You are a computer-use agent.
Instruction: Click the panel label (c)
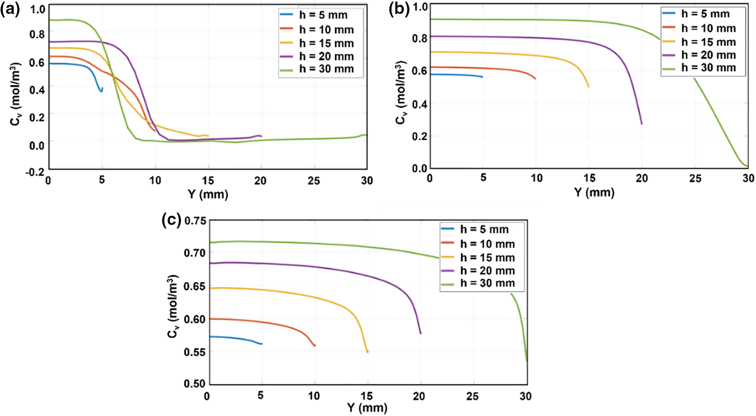(171, 219)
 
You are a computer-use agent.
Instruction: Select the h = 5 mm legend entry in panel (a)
(323, 15)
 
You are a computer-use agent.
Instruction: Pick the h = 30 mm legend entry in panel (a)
(326, 69)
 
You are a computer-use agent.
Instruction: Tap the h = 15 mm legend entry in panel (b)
(708, 42)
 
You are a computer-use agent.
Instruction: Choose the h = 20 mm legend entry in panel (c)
(487, 271)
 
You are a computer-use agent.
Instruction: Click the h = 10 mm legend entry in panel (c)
(487, 244)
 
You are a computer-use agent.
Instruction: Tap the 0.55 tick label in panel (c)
(195, 352)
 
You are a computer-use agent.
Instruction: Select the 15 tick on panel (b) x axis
(589, 178)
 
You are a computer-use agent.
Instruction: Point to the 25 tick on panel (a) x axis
(314, 181)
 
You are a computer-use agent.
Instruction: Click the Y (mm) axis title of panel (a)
(208, 194)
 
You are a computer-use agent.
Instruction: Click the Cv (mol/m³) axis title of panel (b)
(401, 93)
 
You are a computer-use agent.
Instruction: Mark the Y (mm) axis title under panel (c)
(367, 408)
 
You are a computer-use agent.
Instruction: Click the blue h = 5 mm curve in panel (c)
(239, 339)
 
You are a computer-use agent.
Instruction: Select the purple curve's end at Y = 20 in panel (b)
(641, 123)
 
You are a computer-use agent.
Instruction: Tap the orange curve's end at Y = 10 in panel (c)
(314, 345)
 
